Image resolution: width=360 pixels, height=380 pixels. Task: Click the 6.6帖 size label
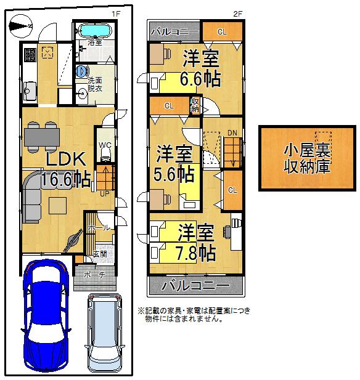[x=200, y=79]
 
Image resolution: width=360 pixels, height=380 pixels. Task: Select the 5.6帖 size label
[x=174, y=173]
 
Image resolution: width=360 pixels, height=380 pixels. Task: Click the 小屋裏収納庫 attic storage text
[x=306, y=158]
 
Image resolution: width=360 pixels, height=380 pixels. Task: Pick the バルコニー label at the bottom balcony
[x=195, y=286]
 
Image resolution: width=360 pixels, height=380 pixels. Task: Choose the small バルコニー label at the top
[x=174, y=31]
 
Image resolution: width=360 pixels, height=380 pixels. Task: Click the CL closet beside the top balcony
[x=221, y=31]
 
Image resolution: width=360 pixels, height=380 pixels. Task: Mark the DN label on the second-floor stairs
[x=232, y=132]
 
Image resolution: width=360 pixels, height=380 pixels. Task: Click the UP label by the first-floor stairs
[x=105, y=193]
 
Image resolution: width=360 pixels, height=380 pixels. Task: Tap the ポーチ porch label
[x=94, y=275]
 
